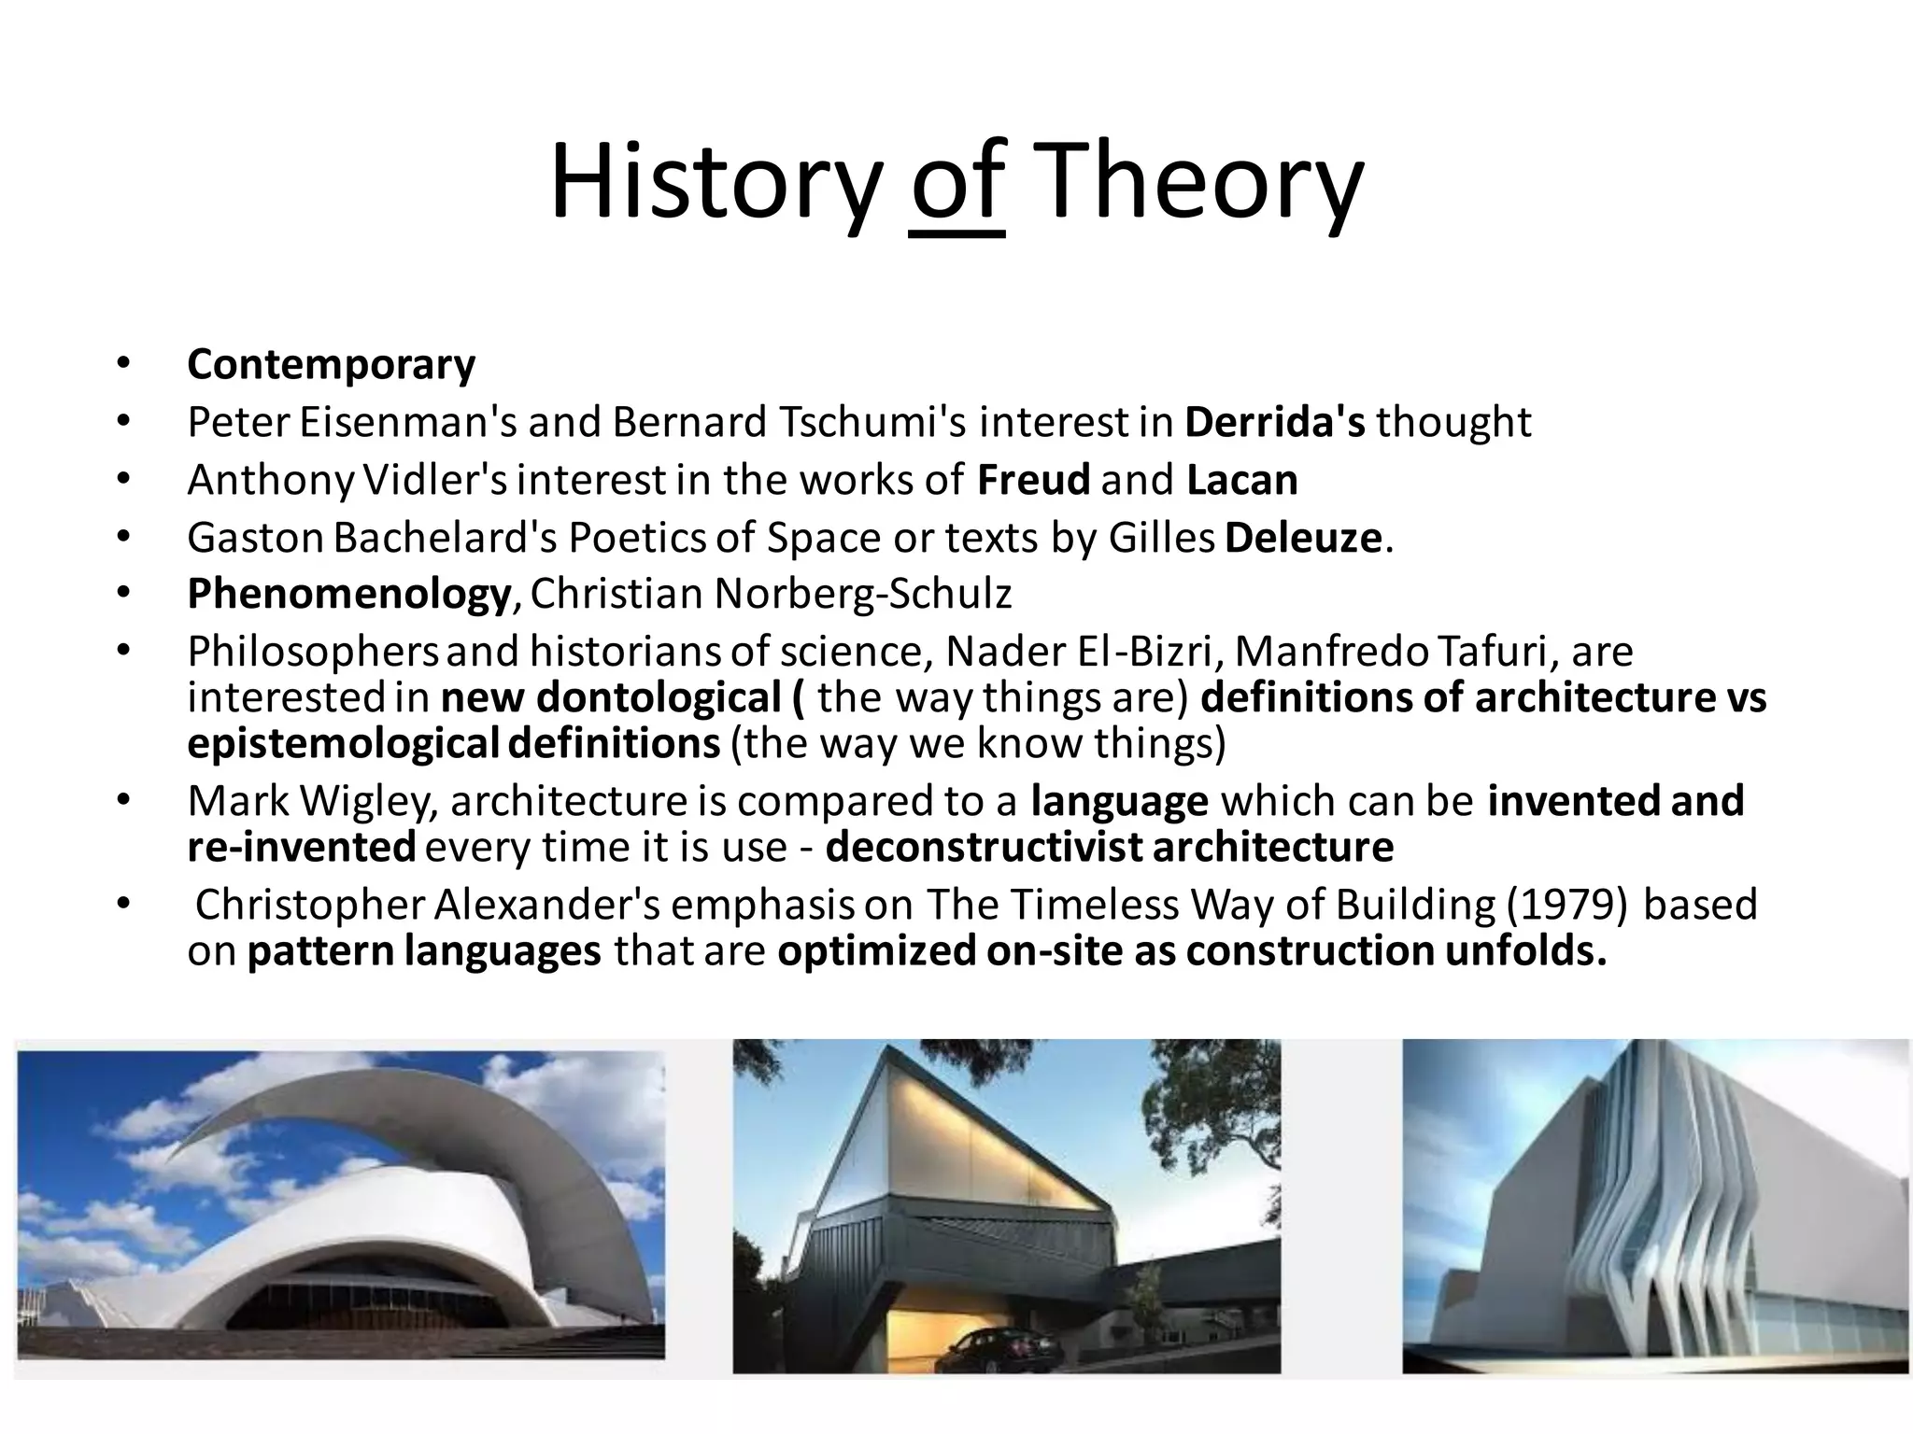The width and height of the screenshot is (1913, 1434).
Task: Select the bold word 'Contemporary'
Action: [331, 364]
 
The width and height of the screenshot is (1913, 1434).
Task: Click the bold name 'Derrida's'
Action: [1274, 422]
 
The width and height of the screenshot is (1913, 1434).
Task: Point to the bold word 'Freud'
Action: [1033, 480]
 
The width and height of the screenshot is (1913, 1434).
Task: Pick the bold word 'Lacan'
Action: [1241, 480]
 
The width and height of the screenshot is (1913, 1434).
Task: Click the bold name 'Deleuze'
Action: [1302, 538]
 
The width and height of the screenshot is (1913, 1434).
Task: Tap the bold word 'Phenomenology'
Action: [348, 594]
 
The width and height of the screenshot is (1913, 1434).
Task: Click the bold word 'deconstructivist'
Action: [984, 847]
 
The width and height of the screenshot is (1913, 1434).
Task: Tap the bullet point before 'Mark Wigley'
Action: [122, 801]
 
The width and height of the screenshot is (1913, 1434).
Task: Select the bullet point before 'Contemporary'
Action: [122, 364]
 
